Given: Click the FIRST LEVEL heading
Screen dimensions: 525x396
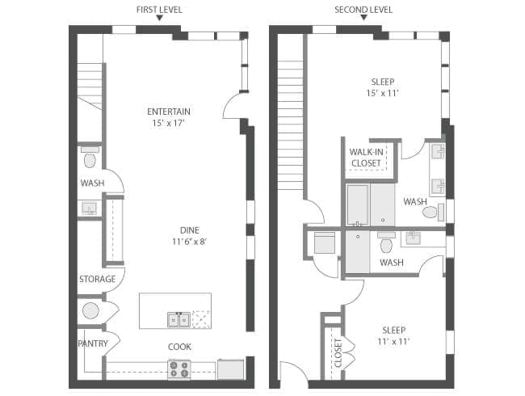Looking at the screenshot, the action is [159, 10].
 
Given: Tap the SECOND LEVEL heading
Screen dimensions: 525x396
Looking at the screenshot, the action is [363, 10].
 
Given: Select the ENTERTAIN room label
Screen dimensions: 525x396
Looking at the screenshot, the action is [169, 112].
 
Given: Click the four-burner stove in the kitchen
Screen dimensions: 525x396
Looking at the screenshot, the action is [179, 369].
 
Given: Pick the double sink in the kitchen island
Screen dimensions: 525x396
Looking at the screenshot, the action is [179, 319].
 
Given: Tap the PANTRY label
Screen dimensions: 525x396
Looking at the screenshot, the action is [93, 343].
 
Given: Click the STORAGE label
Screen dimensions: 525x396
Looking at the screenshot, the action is [98, 279].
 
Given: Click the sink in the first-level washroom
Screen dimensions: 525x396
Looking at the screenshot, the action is [90, 208].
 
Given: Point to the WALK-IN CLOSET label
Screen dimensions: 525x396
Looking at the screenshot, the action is [367, 158].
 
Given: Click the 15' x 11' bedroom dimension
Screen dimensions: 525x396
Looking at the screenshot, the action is [382, 93].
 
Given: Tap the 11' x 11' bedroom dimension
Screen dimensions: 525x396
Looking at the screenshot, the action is [394, 342].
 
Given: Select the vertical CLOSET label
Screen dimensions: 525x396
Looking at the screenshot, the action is [338, 353].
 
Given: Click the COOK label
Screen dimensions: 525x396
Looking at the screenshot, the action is [180, 347].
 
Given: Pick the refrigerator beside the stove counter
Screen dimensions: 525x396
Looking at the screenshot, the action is [231, 369].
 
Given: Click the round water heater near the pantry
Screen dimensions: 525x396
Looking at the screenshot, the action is [90, 311].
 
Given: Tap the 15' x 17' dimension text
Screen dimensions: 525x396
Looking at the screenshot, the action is [169, 124].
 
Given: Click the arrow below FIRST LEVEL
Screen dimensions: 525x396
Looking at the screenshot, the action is [160, 18].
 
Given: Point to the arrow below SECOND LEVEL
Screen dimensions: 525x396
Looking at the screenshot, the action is [363, 18].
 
